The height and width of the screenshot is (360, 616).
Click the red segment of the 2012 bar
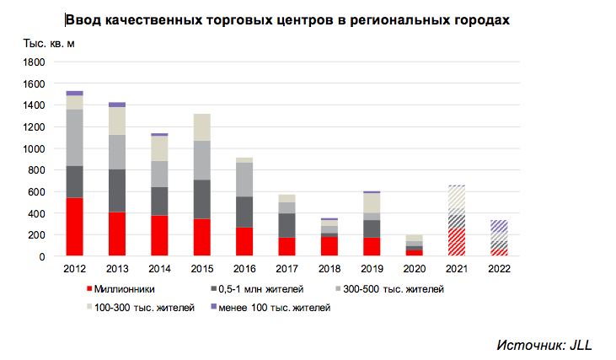point(74,227)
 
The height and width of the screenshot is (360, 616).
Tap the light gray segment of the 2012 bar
point(74,137)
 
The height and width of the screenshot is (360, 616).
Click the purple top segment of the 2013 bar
point(117,105)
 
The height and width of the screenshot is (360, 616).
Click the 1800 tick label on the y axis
point(33,62)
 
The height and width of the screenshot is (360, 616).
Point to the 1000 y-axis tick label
point(33,149)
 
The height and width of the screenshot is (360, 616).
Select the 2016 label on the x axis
point(244,268)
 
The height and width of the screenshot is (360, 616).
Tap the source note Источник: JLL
point(544,345)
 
